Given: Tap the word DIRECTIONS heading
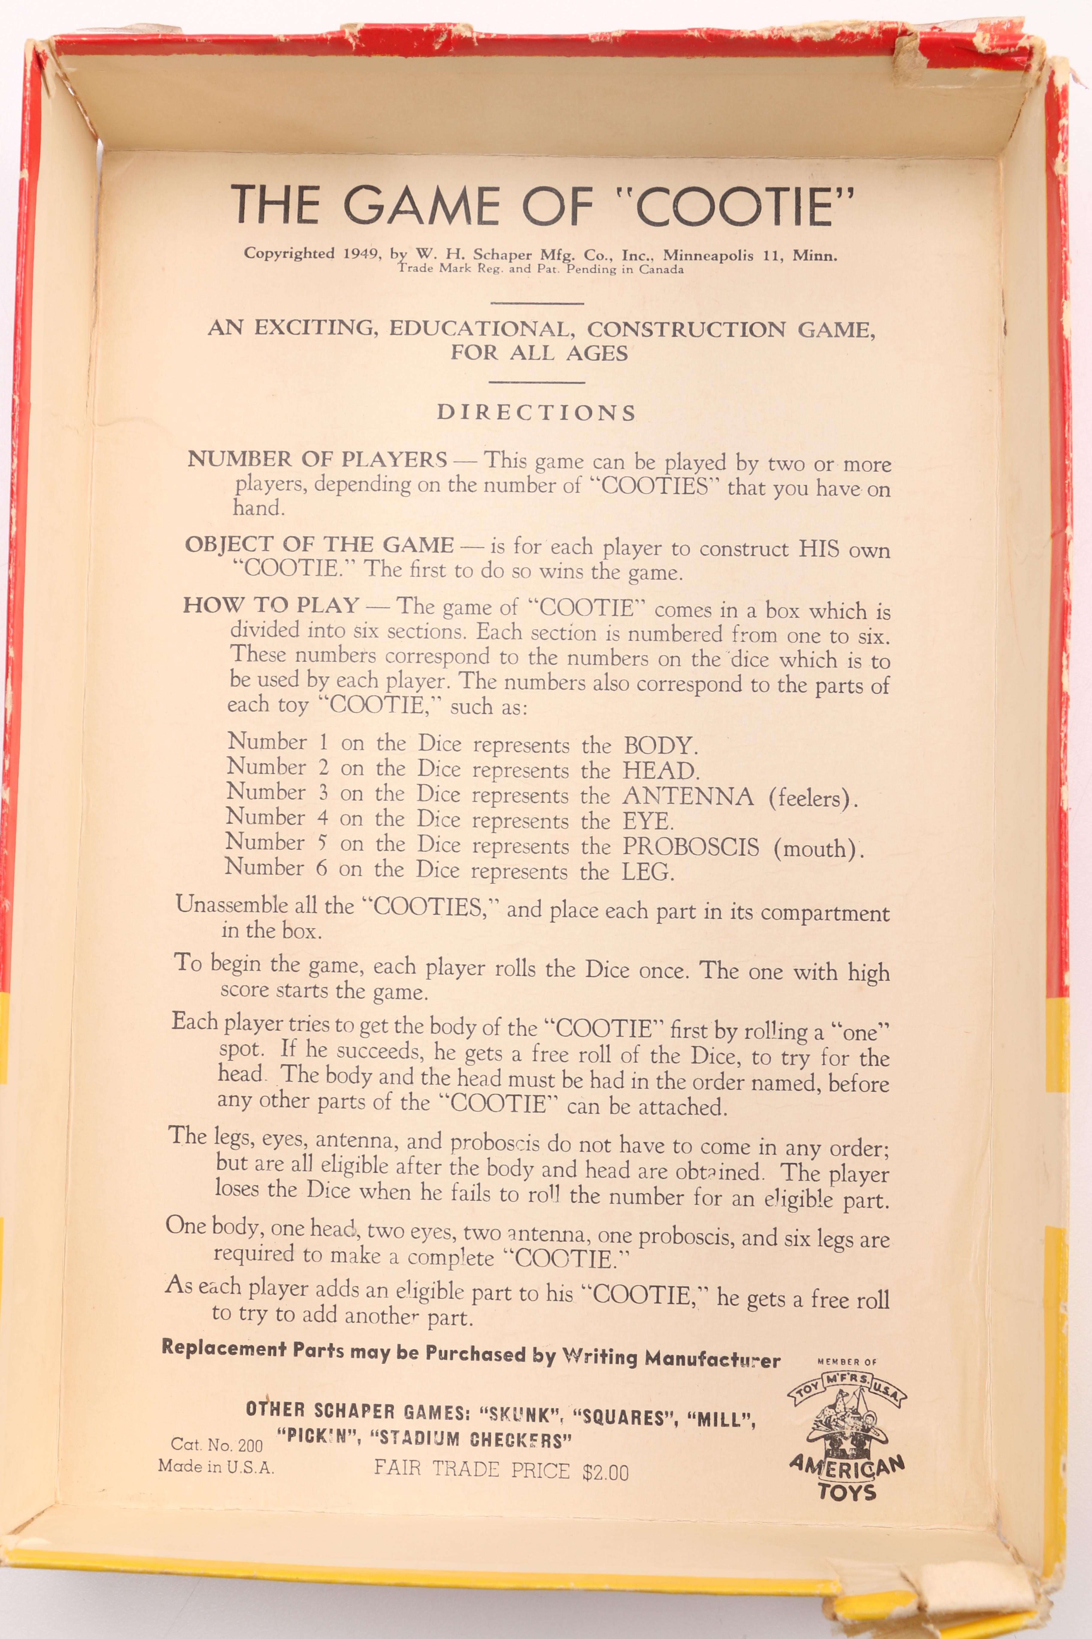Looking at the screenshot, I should point(536,412).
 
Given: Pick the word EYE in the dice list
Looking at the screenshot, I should point(647,821).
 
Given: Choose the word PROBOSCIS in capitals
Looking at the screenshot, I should point(690,847).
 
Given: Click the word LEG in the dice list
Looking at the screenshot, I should point(647,872).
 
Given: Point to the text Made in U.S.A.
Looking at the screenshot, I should point(216,1466).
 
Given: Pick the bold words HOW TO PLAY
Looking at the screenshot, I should point(271,605).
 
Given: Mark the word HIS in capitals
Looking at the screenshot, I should point(819,548).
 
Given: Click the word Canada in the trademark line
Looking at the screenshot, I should point(662,270).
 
